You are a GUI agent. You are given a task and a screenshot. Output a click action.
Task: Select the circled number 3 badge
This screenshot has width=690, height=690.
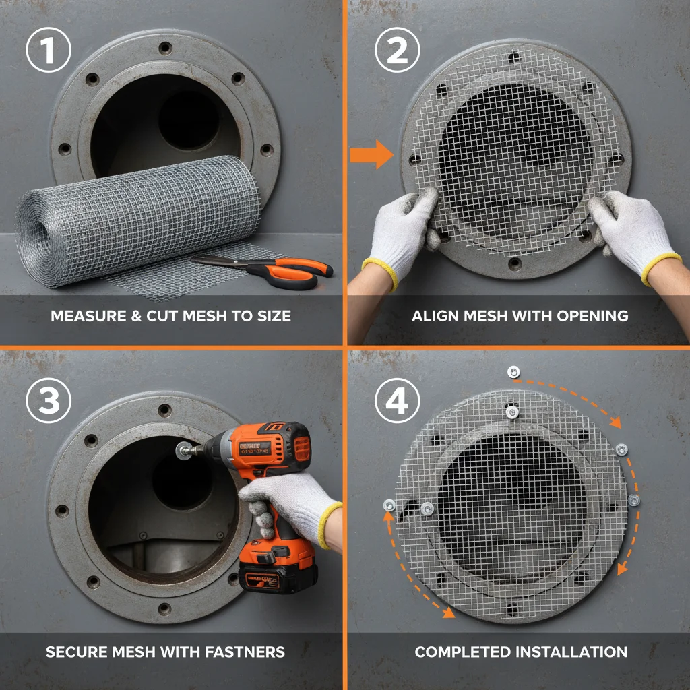[x=49, y=402]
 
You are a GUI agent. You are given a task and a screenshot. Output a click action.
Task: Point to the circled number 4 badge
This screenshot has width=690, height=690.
[x=398, y=402]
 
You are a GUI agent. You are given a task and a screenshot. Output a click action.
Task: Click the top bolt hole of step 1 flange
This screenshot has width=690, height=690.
[x=164, y=48]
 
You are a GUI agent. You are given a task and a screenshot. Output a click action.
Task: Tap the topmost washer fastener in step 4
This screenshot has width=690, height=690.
[x=513, y=372]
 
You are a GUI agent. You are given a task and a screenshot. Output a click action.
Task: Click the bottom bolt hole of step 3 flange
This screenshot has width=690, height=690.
[x=164, y=608]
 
